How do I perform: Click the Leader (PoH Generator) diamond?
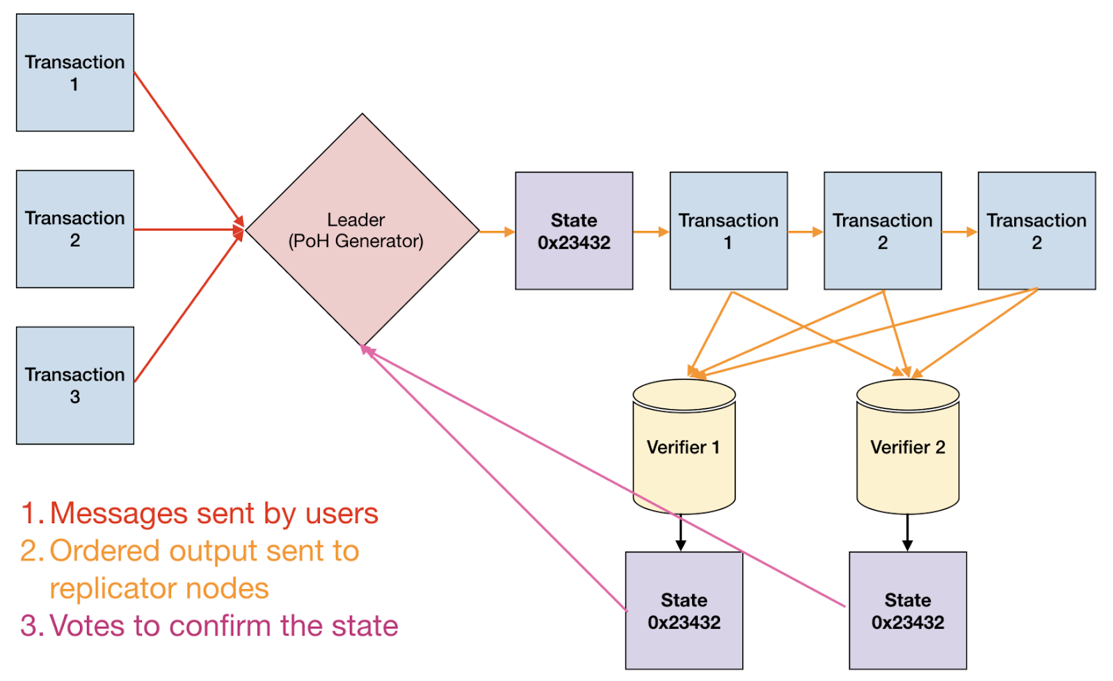pos(362,230)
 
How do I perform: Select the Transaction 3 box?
pos(75,385)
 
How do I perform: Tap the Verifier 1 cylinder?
pos(684,446)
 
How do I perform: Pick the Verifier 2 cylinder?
pos(908,446)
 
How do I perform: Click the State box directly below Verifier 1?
pos(684,611)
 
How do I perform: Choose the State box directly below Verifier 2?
pos(908,611)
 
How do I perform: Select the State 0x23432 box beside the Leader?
pos(574,231)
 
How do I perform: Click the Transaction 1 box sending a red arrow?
pos(75,72)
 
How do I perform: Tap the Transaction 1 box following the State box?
pos(728,231)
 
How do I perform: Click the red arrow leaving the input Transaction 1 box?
pos(189,149)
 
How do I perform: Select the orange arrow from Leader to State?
pos(497,232)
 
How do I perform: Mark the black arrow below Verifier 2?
pos(907,532)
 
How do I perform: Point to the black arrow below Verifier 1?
pos(681,532)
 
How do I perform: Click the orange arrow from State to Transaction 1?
pos(651,232)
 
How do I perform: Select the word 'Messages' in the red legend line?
pos(119,513)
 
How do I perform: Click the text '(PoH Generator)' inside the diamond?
pos(355,241)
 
